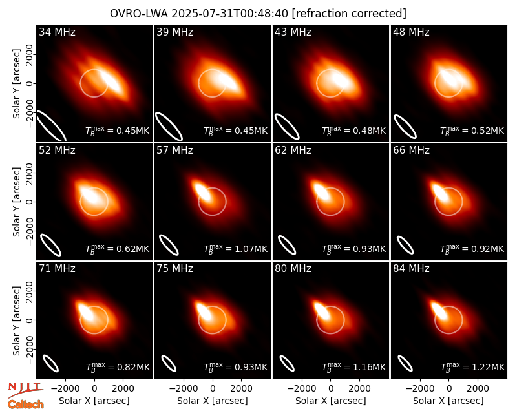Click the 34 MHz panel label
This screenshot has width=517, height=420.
point(57,32)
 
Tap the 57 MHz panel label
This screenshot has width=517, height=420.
point(174,151)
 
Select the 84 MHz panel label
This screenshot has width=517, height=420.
point(411,269)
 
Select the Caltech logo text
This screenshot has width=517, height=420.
point(26,404)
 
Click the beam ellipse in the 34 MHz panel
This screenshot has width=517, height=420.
point(51,125)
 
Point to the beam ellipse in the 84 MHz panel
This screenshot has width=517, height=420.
point(405,364)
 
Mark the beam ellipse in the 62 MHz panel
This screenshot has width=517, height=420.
point(287,245)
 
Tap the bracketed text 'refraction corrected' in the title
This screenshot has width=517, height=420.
point(349,14)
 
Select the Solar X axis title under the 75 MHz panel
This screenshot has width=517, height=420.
point(213,401)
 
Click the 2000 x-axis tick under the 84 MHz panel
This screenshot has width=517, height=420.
point(478,389)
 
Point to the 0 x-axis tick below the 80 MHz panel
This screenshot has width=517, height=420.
point(331,389)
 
